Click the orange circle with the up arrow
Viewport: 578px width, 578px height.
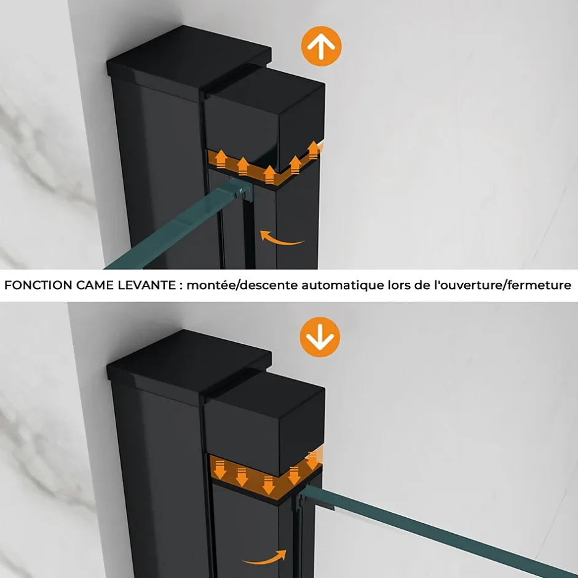coord(321,46)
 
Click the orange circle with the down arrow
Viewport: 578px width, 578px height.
coord(320,337)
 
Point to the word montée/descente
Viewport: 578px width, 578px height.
coord(242,285)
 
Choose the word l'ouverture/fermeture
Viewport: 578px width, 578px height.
coord(503,285)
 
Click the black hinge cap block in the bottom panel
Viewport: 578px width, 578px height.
coord(264,422)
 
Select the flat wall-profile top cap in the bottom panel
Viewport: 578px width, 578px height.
coord(189,363)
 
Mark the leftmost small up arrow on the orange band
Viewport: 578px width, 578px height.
coord(221,159)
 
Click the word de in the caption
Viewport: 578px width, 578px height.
coord(422,285)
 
